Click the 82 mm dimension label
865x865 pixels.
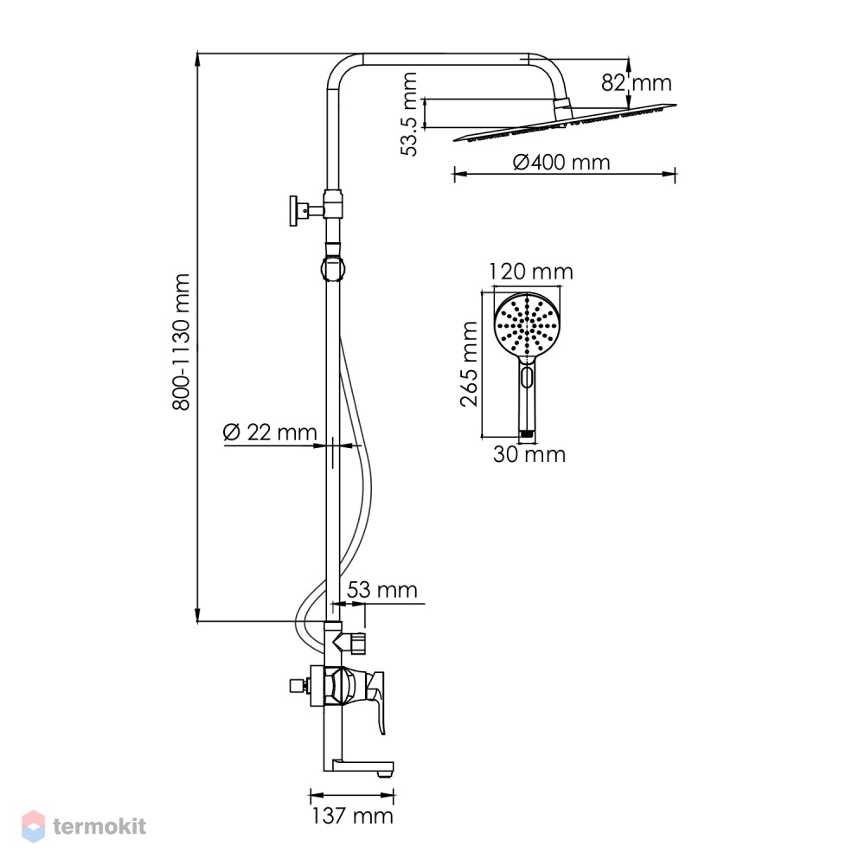point(636,83)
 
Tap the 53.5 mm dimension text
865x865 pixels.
point(410,114)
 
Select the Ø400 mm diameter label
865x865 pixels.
point(561,163)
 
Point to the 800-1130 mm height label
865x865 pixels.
point(182,342)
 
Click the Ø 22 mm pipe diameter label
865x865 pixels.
point(270,432)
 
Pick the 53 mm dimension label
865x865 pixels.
point(381,590)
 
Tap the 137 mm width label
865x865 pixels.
point(352,816)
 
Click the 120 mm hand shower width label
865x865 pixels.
point(531,272)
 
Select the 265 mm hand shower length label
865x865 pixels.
point(469,364)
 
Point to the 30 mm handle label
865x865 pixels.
point(529,454)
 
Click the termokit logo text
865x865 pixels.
point(99,826)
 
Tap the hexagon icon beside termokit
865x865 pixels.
point(33,826)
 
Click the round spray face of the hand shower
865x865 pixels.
point(527,325)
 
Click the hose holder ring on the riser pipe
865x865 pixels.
point(332,268)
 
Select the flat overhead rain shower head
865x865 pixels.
point(565,122)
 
